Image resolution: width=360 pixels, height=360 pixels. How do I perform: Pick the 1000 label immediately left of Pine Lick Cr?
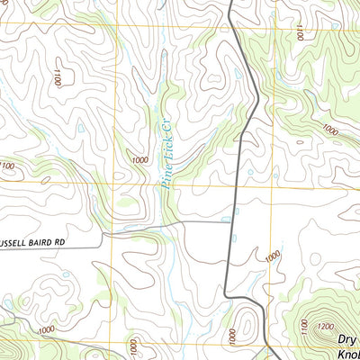139,160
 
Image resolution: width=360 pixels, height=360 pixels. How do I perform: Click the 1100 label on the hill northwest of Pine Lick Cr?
56,77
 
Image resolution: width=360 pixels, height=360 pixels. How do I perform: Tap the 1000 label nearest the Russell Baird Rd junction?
272,257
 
